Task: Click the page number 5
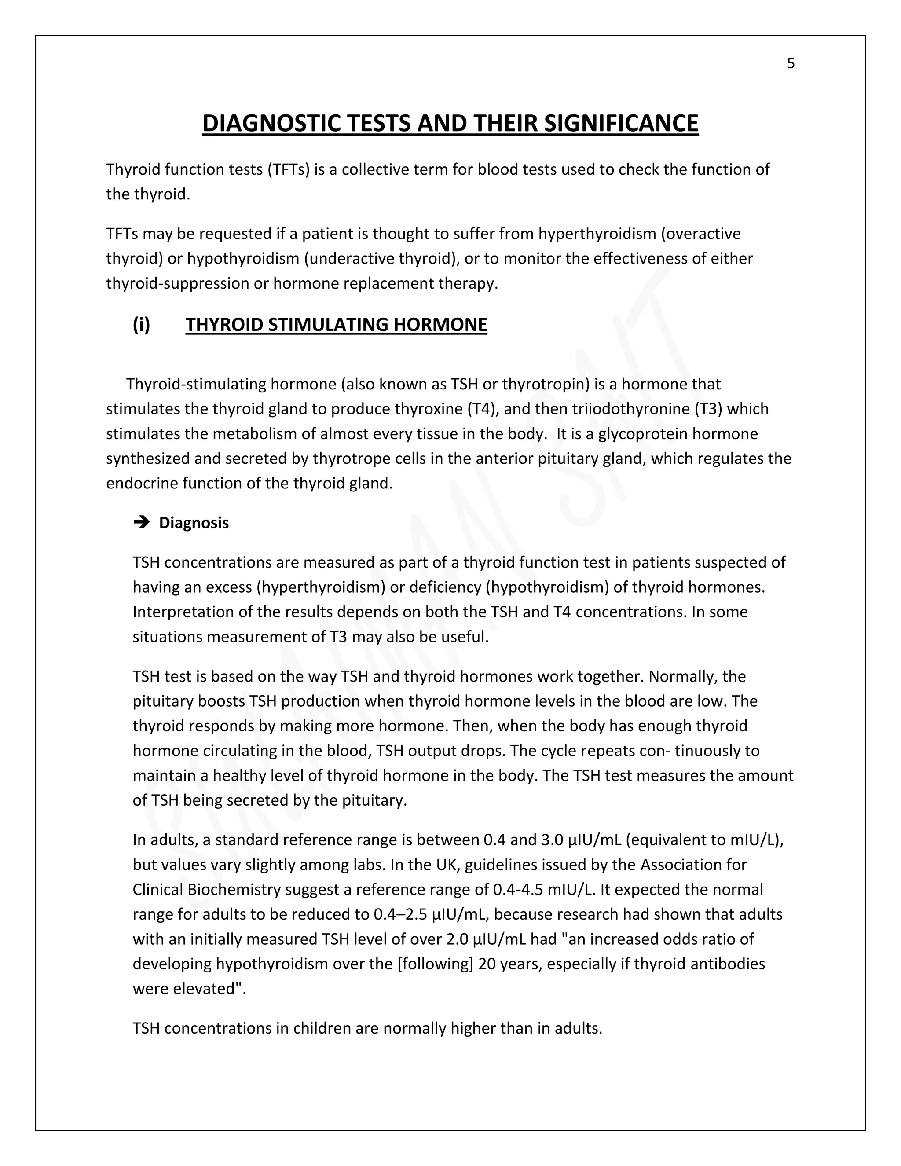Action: pyautogui.click(x=791, y=63)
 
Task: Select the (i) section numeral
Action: pyautogui.click(x=142, y=325)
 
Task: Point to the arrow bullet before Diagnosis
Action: pyautogui.click(x=142, y=522)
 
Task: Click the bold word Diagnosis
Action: pyautogui.click(x=194, y=523)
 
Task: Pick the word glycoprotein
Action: pyautogui.click(x=643, y=433)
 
